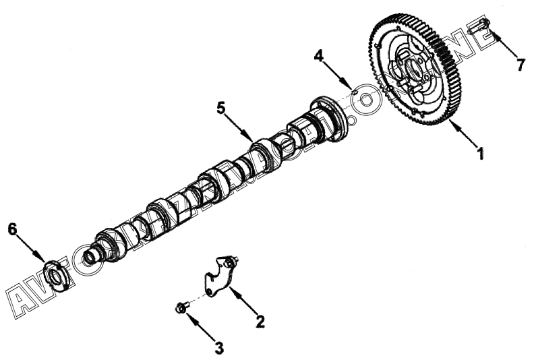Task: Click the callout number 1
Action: click(481, 154)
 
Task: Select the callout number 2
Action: click(259, 322)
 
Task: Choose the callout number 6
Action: click(11, 229)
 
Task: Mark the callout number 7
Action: click(520, 65)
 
